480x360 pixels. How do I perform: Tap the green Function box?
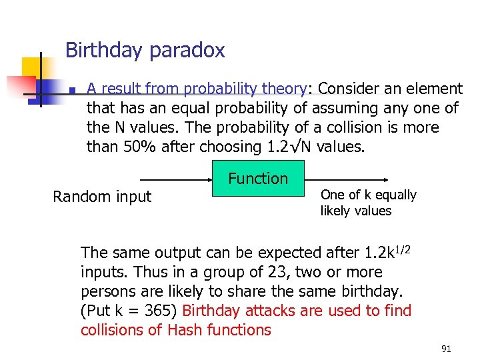[258, 179]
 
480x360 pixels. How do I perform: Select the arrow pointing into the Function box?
[176, 179]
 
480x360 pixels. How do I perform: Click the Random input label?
[102, 197]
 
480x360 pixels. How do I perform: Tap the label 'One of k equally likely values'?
[368, 203]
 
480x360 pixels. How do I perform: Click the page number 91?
[446, 349]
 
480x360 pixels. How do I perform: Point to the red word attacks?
[268, 311]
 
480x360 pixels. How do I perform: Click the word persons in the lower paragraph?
[107, 291]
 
